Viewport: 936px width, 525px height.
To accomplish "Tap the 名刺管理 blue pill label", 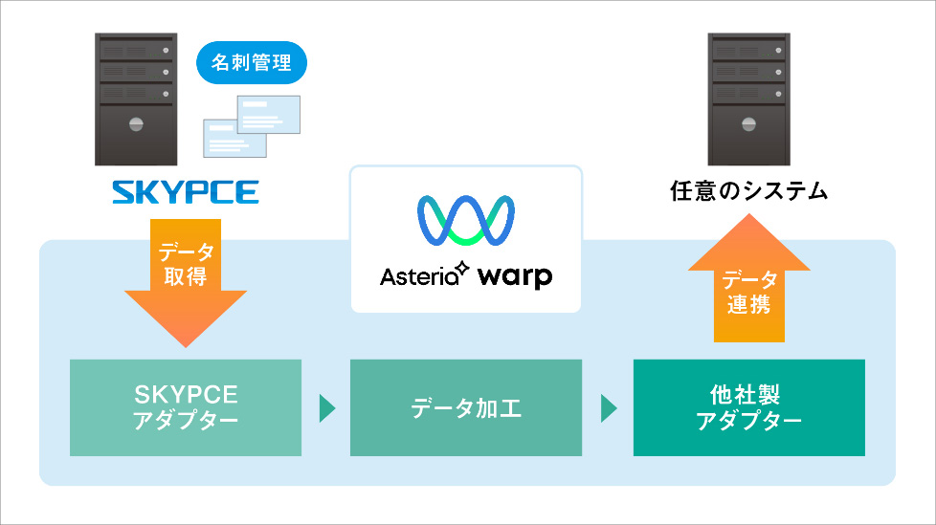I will click(x=252, y=64).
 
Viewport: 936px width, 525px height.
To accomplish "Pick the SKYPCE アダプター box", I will click(x=186, y=407).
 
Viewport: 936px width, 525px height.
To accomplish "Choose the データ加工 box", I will click(x=466, y=407).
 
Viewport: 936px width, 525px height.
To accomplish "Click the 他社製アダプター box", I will click(x=749, y=407).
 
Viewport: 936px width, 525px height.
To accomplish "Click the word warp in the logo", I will click(x=514, y=276).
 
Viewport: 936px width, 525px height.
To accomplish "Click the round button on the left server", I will click(x=135, y=123).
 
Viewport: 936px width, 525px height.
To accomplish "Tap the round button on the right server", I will click(x=748, y=123).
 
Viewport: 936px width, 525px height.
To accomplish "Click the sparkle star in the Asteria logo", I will click(x=462, y=268).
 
